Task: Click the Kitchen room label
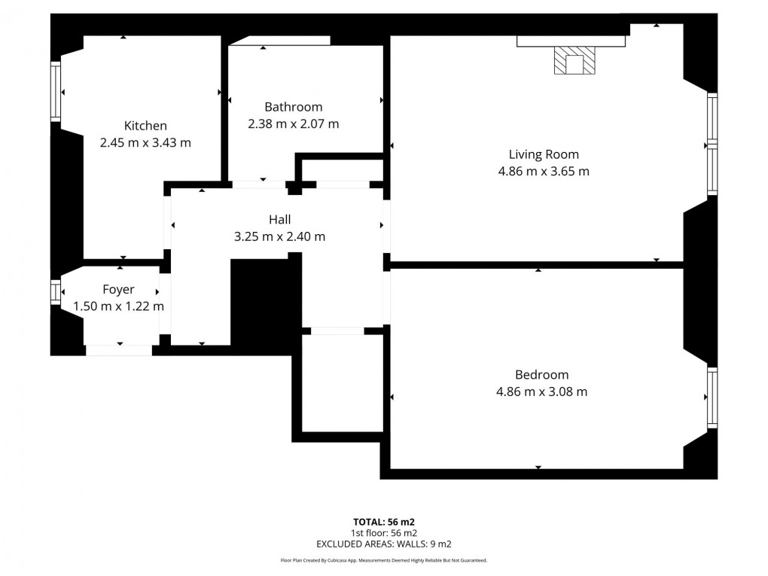[145, 126]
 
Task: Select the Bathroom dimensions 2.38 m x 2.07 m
[293, 123]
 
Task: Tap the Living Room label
[544, 154]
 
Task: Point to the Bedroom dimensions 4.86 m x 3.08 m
[541, 392]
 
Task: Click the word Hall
[279, 220]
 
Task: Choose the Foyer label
[118, 290]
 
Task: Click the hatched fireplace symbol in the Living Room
[574, 61]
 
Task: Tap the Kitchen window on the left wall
[55, 92]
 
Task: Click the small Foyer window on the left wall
[55, 292]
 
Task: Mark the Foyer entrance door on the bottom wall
[119, 350]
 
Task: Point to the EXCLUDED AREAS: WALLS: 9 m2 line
[384, 543]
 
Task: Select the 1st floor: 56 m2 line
[384, 532]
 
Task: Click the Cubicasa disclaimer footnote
[384, 560]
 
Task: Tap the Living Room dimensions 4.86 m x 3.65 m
[544, 171]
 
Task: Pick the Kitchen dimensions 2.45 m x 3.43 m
[145, 142]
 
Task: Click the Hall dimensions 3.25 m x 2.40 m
[279, 236]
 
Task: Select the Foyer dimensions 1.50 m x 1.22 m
[118, 306]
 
